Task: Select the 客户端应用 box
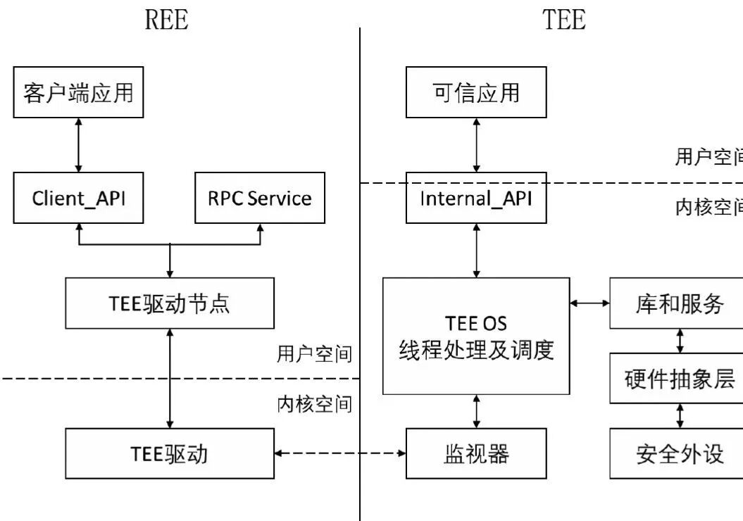point(78,92)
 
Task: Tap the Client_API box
point(78,198)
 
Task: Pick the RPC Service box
point(260,198)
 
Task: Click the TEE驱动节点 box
point(170,303)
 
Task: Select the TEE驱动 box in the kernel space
point(170,453)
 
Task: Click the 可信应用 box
point(476,92)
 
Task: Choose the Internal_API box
point(476,198)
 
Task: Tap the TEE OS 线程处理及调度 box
point(476,336)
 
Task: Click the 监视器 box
point(476,453)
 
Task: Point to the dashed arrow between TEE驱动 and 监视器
point(340,453)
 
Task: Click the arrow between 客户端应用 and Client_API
point(78,145)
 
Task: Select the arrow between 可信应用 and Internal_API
point(477,145)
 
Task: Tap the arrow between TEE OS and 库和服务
point(589,303)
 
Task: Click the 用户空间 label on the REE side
point(314,354)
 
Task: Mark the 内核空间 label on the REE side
point(314,404)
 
